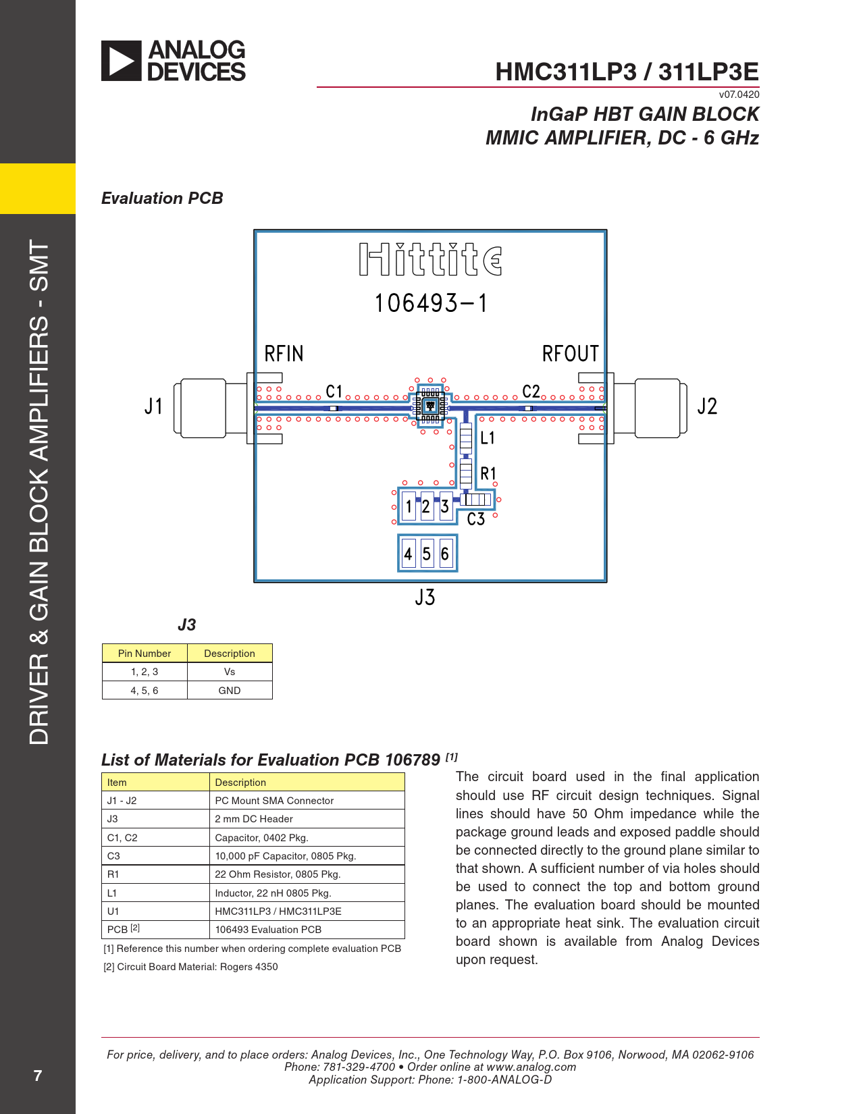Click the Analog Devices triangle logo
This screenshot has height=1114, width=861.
(121, 61)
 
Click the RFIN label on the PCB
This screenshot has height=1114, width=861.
(284, 354)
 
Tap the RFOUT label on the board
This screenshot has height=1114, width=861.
(570, 354)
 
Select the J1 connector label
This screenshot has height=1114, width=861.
(153, 406)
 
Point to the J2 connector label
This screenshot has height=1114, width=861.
(706, 406)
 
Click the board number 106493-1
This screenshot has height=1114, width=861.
(430, 303)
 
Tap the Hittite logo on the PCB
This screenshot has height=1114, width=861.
(430, 259)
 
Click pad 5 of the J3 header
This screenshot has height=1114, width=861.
(427, 553)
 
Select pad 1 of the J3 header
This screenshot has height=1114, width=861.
(409, 506)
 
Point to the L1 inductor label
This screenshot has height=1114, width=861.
(488, 437)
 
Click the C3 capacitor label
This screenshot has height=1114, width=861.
(476, 519)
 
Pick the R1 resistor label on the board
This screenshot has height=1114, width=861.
(488, 473)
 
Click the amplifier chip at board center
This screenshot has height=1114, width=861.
(430, 406)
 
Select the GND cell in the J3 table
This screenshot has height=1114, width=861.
(229, 691)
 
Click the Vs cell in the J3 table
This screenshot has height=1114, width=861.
(229, 672)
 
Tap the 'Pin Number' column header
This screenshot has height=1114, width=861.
(145, 653)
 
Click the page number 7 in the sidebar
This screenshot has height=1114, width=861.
(37, 1075)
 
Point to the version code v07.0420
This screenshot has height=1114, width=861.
(739, 95)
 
